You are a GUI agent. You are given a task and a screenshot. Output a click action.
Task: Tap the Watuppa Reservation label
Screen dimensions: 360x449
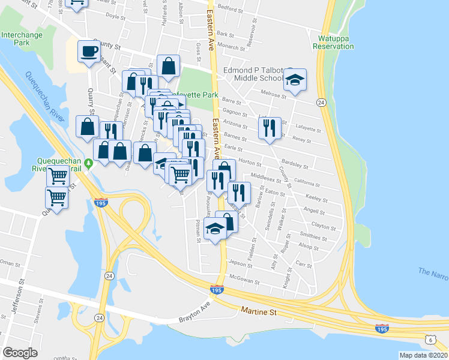[x=333, y=43]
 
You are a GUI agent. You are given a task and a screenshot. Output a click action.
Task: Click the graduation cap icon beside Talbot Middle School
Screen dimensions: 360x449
[x=295, y=80]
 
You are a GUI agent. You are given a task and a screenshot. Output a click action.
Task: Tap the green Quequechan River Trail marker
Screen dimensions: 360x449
[x=89, y=163]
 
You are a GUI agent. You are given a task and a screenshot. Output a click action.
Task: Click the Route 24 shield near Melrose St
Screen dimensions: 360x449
[x=322, y=103]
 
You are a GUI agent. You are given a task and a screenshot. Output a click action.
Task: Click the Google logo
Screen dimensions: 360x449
[x=20, y=353]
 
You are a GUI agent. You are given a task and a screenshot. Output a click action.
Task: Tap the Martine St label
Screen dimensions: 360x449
[x=258, y=311]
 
